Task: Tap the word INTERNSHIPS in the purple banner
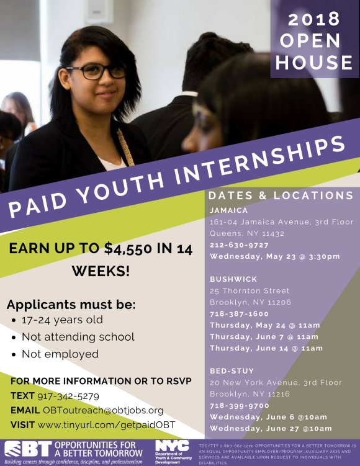(265, 164)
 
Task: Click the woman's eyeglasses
(96, 71)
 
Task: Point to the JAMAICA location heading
(229, 210)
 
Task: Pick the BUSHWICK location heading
(234, 279)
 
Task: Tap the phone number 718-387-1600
(240, 314)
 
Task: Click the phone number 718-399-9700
(240, 405)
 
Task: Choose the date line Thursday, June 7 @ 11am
(265, 336)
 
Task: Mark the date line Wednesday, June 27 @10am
(271, 428)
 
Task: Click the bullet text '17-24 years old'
(62, 320)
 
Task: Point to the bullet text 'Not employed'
(60, 354)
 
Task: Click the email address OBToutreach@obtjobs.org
(103, 410)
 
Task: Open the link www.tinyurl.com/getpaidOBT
(107, 425)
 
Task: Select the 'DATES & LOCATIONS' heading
(281, 195)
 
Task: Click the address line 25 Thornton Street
(250, 290)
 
